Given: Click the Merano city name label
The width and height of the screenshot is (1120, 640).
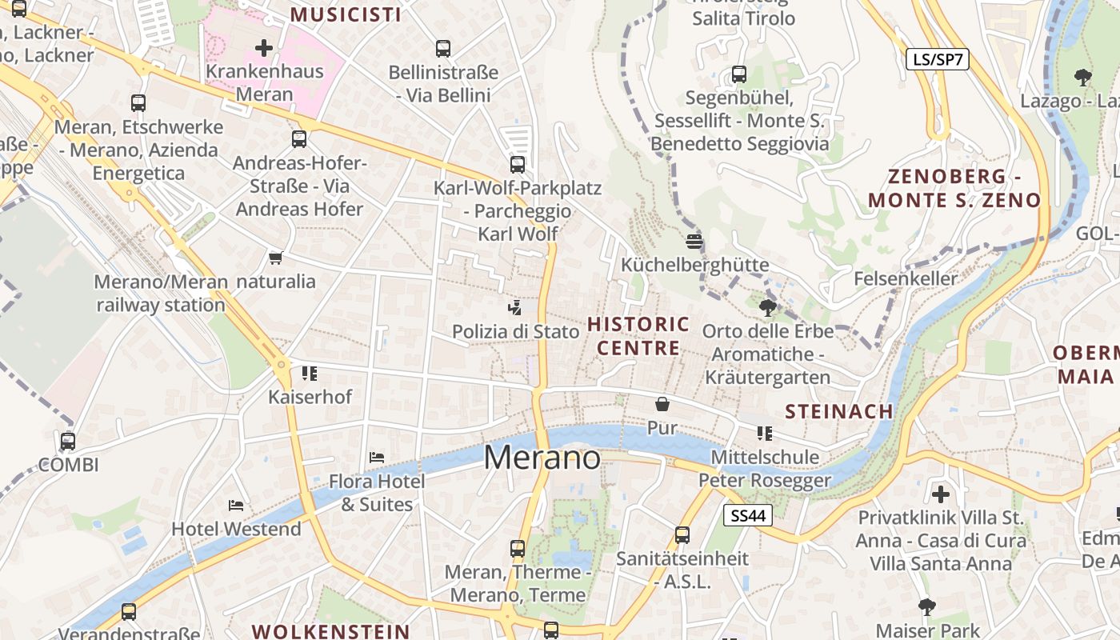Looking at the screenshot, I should coord(542,458).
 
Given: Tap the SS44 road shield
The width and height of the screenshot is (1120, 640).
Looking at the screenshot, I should coord(748,516).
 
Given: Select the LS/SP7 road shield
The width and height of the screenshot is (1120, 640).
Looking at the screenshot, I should coord(937,59).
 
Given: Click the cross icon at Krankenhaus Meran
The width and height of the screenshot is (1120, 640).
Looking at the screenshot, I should coord(264,48).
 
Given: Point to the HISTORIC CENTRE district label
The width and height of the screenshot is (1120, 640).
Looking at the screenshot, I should coord(638,336).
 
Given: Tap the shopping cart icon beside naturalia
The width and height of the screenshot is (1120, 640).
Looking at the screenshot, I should coord(276,258).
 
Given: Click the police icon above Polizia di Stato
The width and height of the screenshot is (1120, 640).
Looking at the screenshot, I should coord(515,306).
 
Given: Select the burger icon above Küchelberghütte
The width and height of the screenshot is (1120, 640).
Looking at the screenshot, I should coord(694,241).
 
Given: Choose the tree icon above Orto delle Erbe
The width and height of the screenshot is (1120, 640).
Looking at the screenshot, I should coord(768,307).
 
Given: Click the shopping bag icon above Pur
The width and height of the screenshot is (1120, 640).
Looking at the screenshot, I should coord(662,404).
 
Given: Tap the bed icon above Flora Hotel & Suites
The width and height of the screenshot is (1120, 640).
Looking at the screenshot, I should coord(377,458).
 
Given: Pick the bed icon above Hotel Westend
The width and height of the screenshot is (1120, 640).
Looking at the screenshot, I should coord(236,505).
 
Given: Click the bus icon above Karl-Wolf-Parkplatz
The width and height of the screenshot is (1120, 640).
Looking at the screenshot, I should coord(518,165).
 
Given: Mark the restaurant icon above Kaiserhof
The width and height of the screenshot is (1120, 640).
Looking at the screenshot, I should coord(310,373).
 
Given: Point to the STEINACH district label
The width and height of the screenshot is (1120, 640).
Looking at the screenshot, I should coord(839,411).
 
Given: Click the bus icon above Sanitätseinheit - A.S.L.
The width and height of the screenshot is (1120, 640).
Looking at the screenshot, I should coord(682,535).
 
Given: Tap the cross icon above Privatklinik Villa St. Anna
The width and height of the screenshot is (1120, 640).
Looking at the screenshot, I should coord(941,494).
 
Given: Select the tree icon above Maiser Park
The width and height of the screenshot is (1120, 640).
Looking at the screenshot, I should coord(927,606).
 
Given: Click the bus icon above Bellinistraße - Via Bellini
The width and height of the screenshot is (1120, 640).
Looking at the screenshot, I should coord(443,49).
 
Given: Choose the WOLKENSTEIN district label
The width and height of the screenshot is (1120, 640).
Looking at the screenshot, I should coord(331,631).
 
